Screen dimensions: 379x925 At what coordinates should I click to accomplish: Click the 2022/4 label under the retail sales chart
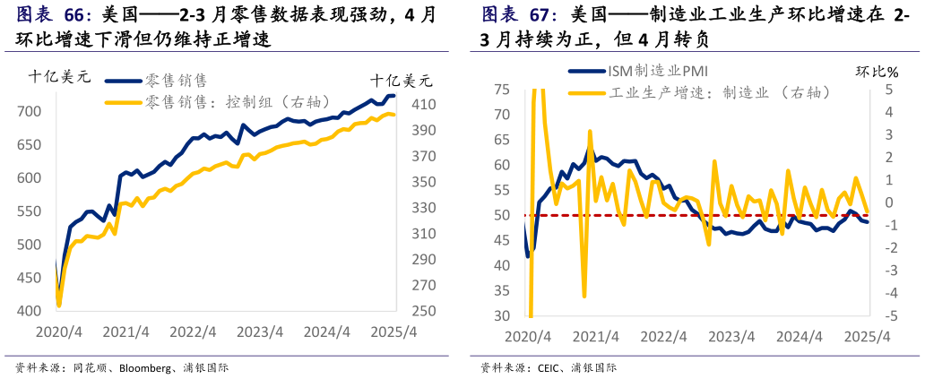194,332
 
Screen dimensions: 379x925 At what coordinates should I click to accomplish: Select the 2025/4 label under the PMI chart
867,337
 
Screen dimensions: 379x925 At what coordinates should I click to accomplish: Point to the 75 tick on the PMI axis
501,90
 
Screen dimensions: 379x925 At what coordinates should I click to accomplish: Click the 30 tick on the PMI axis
501,316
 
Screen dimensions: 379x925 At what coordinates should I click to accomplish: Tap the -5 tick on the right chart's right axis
888,316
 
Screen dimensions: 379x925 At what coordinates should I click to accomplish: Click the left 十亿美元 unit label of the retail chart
59,77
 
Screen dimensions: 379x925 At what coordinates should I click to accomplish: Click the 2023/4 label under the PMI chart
731,337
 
